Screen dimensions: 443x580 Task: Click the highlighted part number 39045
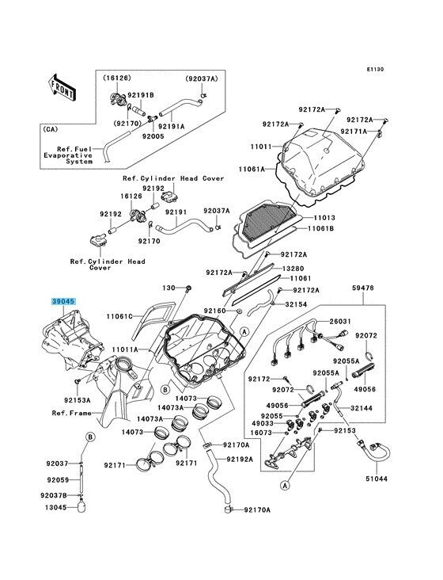pyautogui.click(x=63, y=301)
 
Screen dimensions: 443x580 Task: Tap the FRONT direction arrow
pyautogui.click(x=62, y=87)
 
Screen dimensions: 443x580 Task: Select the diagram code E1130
pyautogui.click(x=375, y=69)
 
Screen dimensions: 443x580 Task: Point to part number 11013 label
pyautogui.click(x=324, y=218)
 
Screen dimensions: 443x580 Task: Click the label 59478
pyautogui.click(x=362, y=288)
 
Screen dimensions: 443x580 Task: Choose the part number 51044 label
pyautogui.click(x=377, y=479)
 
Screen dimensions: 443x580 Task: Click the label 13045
pyautogui.click(x=55, y=507)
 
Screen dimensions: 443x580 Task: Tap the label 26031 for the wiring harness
pyautogui.click(x=340, y=322)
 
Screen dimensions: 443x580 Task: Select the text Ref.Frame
pyautogui.click(x=72, y=413)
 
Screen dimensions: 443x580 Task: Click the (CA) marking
pyautogui.click(x=51, y=129)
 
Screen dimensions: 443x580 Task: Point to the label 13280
pyautogui.click(x=293, y=269)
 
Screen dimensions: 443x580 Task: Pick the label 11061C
pyautogui.click(x=119, y=316)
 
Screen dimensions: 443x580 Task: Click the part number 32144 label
pyautogui.click(x=362, y=408)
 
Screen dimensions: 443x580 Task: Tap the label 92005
pyautogui.click(x=153, y=136)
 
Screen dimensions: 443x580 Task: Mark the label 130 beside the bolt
pyautogui.click(x=168, y=288)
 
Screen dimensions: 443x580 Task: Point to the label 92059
pyautogui.click(x=58, y=479)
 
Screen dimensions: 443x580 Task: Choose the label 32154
pyautogui.click(x=296, y=304)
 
